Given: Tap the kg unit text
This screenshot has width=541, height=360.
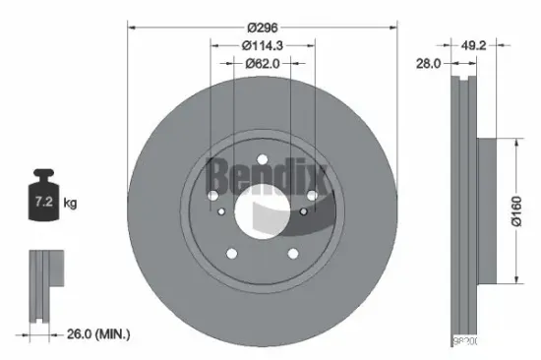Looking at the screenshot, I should [70, 204].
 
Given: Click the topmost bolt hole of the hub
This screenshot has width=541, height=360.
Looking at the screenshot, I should [262, 161].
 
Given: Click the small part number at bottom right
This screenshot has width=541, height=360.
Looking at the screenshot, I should [464, 340].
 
